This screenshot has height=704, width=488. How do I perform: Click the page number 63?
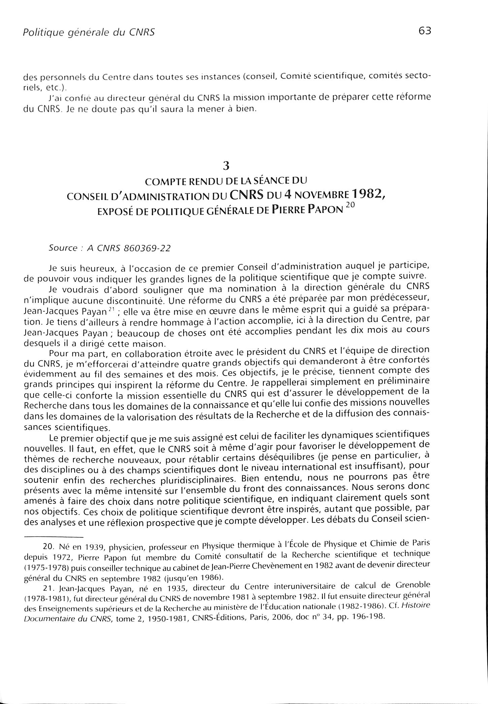(x=424, y=31)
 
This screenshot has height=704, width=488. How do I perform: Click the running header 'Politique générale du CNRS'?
(x=89, y=32)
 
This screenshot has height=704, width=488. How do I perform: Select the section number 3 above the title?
(x=226, y=166)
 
